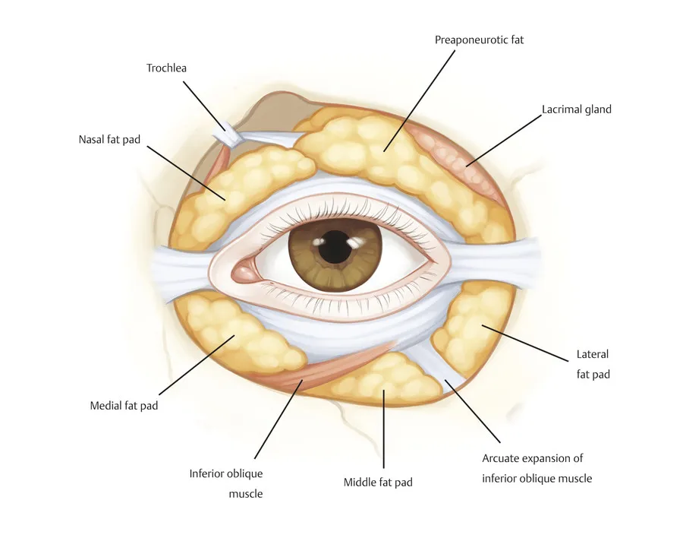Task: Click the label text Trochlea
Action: (166, 68)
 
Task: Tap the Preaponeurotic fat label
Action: (479, 40)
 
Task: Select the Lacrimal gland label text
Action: (576, 109)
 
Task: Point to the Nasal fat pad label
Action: (109, 140)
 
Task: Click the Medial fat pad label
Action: (124, 406)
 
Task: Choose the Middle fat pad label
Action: (378, 482)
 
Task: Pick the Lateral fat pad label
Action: (593, 364)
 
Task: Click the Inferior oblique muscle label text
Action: (225, 483)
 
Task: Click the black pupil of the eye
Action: (333, 248)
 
